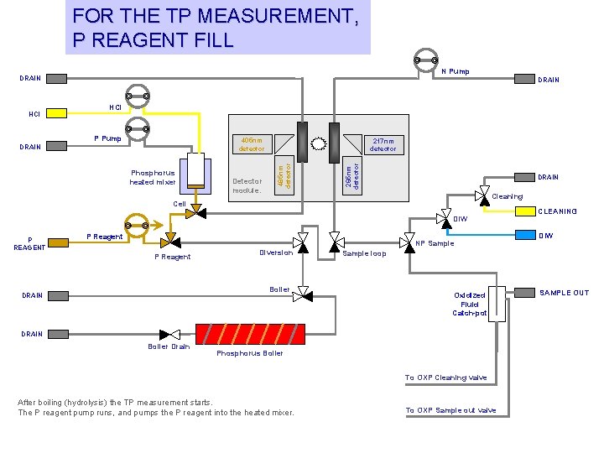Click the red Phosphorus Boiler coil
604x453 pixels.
tap(249, 334)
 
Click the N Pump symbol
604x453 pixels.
tap(426, 59)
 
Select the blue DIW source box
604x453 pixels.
tap(525, 235)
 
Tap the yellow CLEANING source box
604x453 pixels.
tap(525, 211)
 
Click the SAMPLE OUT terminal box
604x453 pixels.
tap(525, 293)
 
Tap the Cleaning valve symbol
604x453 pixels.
tap(482, 196)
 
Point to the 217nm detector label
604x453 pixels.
tap(383, 145)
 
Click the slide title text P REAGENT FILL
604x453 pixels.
tap(153, 39)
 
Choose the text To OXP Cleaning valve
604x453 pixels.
tap(445, 377)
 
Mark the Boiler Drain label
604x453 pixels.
tap(169, 346)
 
